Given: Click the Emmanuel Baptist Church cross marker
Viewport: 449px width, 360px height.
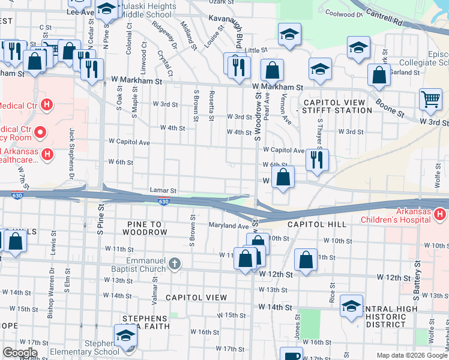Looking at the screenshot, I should (174, 264).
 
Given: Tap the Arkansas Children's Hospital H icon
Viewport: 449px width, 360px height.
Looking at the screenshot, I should (440, 214).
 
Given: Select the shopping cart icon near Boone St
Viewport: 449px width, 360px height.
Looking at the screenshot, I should (430, 99).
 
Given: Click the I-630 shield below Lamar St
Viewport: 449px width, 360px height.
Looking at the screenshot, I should (164, 202).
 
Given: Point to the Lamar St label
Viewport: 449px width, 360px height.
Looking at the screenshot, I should (162, 190).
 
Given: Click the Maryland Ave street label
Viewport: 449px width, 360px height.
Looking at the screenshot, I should (228, 226).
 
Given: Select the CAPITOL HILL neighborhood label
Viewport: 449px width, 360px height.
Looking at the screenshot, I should (316, 224).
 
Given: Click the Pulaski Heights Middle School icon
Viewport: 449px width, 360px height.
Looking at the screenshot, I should (107, 10).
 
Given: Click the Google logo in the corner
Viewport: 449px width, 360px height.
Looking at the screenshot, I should (19, 353).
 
